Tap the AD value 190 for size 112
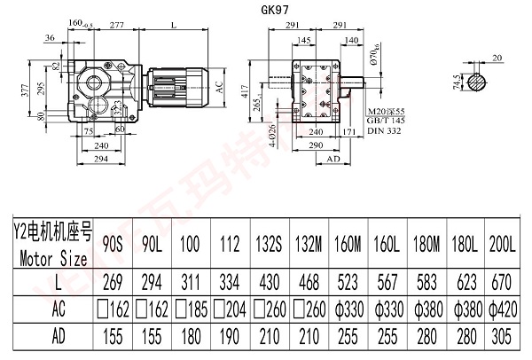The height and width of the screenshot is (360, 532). point(229,338)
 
